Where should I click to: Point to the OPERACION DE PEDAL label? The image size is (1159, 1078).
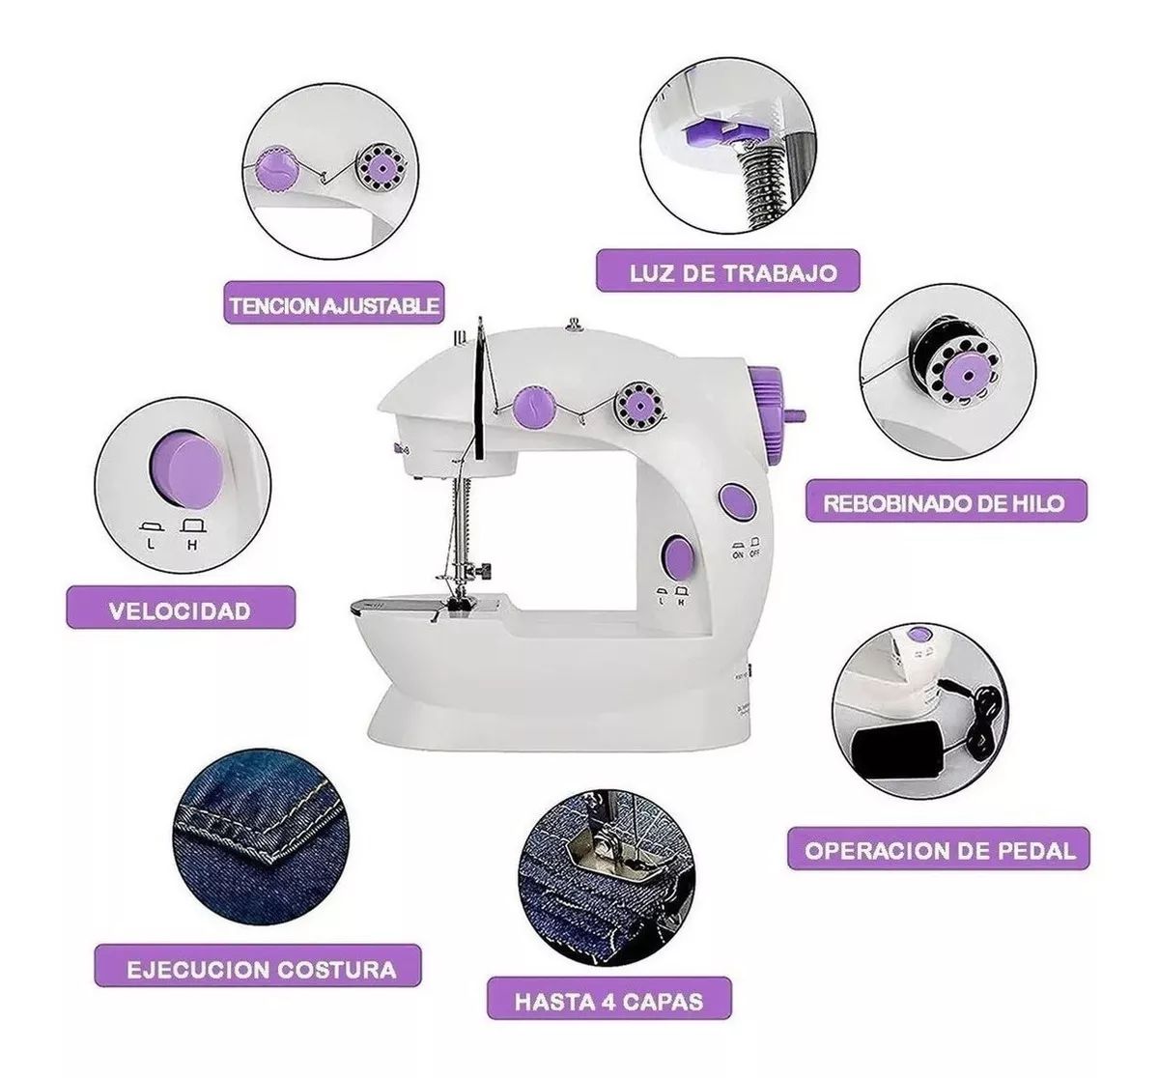(x=939, y=849)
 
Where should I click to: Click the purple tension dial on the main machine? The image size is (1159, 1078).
(x=534, y=405)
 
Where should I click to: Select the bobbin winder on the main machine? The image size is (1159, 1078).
(x=640, y=404)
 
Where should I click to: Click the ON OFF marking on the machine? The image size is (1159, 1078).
(x=746, y=549)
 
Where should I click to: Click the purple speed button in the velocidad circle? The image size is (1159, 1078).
(x=185, y=469)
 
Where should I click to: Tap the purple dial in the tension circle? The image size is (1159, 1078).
(x=277, y=170)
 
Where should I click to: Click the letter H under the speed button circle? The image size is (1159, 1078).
(x=192, y=545)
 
